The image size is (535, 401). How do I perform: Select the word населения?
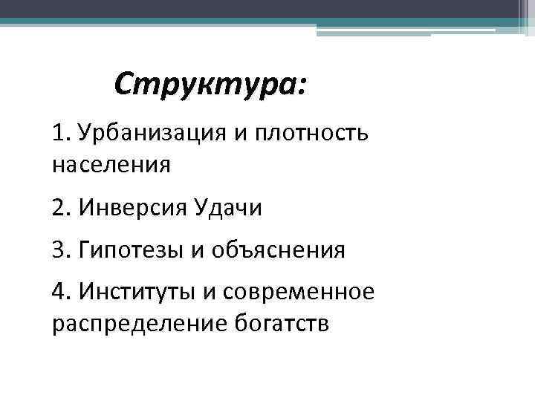tap(111, 163)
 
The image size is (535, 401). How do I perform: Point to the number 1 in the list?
tap(59, 134)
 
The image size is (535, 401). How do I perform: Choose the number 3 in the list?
tap(59, 250)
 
